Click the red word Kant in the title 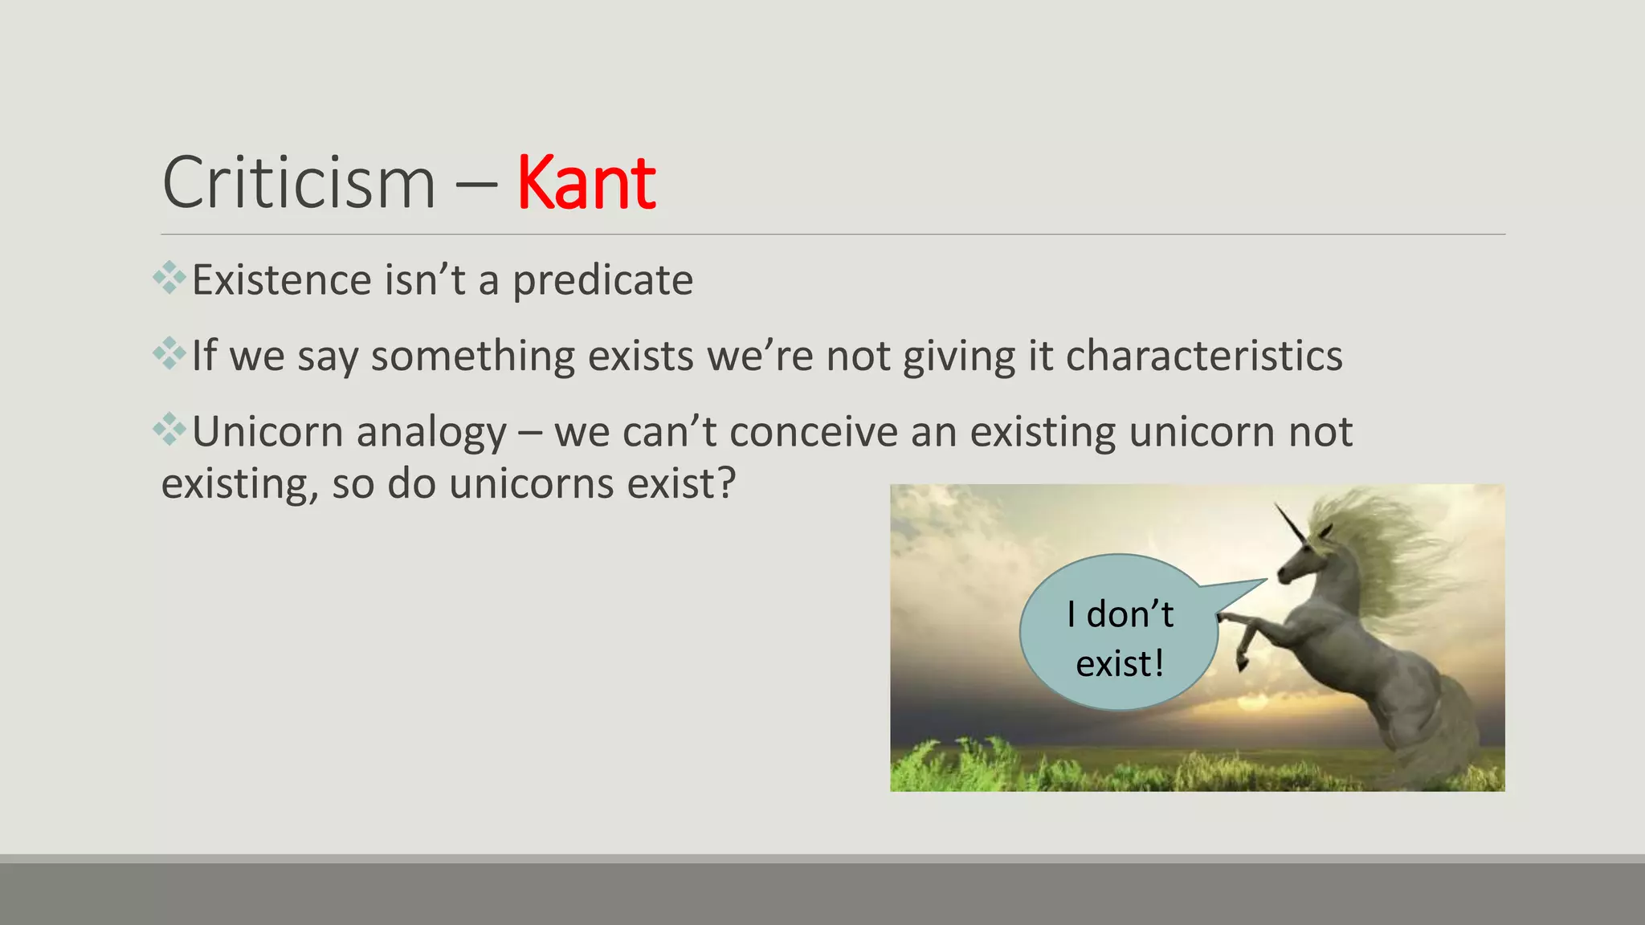tap(586, 184)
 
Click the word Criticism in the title tap(299, 184)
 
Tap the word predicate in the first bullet tap(602, 281)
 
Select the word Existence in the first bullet tap(282, 281)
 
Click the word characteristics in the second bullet tap(1203, 356)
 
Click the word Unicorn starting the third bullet tap(268, 432)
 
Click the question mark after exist tap(726, 483)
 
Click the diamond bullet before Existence tap(169, 278)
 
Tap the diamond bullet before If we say tap(169, 353)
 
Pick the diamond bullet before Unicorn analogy tap(169, 429)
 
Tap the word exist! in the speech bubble tap(1120, 664)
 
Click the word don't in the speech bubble tap(1129, 615)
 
